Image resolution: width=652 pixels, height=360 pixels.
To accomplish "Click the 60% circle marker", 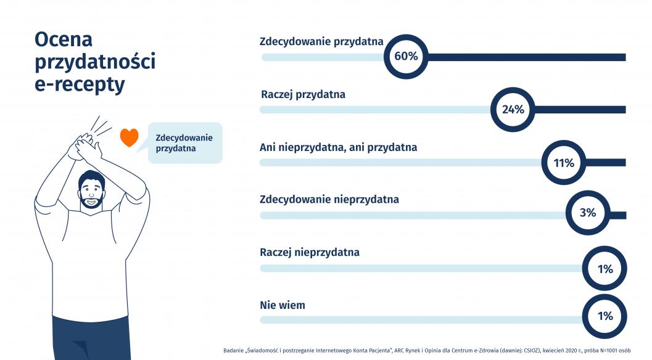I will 406,57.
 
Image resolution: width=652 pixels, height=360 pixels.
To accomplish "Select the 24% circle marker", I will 513,110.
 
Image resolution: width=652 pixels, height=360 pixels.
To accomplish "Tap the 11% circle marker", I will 564,163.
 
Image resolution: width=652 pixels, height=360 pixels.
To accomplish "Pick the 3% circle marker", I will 587,213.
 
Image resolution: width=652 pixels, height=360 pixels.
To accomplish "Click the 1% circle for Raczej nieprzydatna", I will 605,269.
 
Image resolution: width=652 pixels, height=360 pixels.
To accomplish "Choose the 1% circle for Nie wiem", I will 605,316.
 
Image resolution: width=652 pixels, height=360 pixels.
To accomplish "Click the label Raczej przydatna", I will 303,95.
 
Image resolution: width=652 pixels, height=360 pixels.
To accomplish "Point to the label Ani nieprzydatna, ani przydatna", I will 339,148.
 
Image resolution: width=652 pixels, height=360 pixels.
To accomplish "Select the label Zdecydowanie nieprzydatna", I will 329,200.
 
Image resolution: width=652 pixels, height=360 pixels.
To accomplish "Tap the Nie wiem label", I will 283,305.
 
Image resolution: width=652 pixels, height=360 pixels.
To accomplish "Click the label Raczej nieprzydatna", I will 310,253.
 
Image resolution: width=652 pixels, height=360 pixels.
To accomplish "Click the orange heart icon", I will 129,137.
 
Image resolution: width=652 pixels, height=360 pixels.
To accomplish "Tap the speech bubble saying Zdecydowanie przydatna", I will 184,143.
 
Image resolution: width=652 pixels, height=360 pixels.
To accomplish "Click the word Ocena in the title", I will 64,39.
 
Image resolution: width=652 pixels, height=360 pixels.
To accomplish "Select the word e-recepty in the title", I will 80,84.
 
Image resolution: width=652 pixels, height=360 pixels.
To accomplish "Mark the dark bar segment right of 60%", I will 524,57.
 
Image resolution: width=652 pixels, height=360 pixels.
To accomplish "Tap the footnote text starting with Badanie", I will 434,351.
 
